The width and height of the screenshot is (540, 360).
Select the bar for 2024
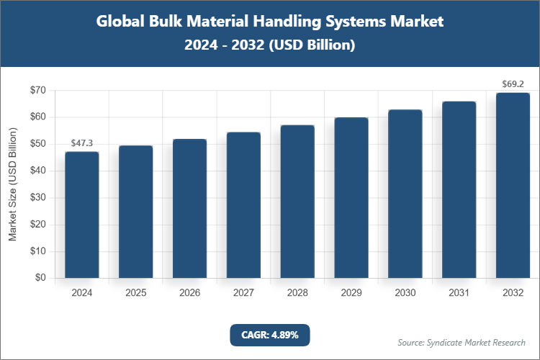tap(82, 215)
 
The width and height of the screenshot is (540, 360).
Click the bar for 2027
tap(243, 205)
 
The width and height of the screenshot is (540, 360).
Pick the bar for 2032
tap(513, 185)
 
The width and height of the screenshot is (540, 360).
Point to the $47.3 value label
tap(82, 144)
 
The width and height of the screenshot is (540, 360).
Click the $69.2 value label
tap(513, 84)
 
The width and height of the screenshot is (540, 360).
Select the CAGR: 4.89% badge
tap(269, 335)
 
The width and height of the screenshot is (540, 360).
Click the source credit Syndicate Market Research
tap(462, 342)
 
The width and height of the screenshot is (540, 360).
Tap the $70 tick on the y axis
tap(37, 90)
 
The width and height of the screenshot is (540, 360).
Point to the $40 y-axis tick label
tap(37, 171)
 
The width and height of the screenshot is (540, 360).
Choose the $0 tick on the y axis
tap(40, 278)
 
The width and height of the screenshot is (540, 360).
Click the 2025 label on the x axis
tap(135, 293)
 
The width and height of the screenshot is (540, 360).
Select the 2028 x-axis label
tap(297, 293)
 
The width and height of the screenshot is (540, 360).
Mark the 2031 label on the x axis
tap(459, 293)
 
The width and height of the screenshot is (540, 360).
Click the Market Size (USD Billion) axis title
tap(12, 184)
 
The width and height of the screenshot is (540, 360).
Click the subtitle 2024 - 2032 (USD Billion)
tap(270, 45)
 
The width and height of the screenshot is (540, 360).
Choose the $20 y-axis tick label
tap(37, 225)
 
